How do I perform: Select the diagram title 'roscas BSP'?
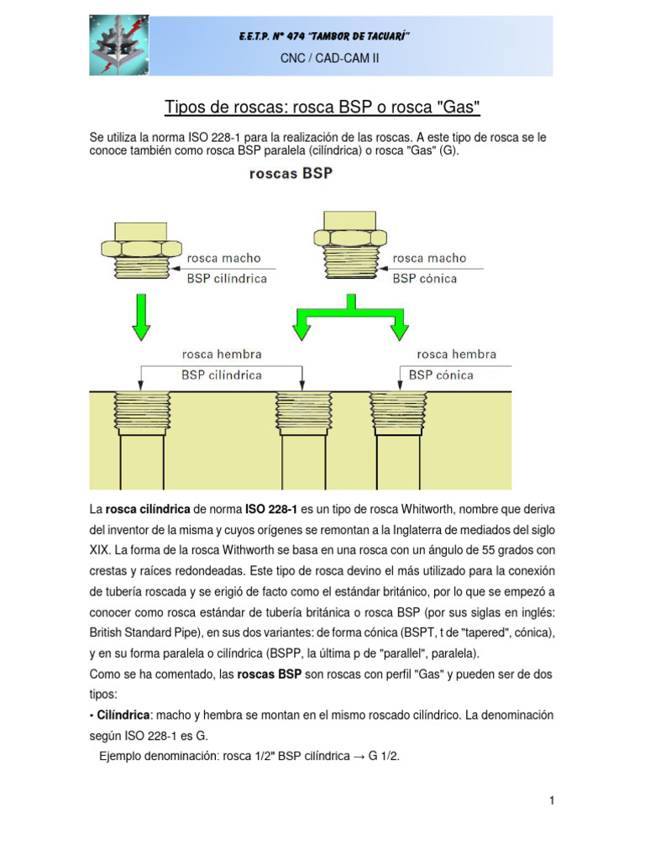(x=290, y=175)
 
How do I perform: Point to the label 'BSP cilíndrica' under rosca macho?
(x=227, y=278)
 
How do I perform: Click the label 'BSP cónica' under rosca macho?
(x=425, y=278)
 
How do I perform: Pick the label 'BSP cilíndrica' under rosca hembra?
(x=221, y=375)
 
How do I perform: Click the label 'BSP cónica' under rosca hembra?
(x=441, y=375)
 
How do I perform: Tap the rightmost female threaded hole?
(x=396, y=412)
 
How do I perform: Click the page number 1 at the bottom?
(x=552, y=801)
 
